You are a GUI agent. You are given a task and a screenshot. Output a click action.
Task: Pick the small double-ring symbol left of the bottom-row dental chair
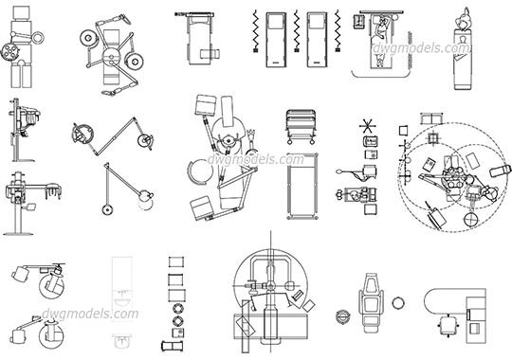(342, 315)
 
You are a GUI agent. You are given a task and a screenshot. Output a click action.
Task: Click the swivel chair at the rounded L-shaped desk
(445, 323)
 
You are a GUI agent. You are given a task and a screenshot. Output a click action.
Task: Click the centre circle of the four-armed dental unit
(112, 52)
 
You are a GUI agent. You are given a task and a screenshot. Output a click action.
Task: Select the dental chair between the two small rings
(371, 301)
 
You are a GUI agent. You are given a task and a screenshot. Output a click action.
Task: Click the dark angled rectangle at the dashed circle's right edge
(500, 172)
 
